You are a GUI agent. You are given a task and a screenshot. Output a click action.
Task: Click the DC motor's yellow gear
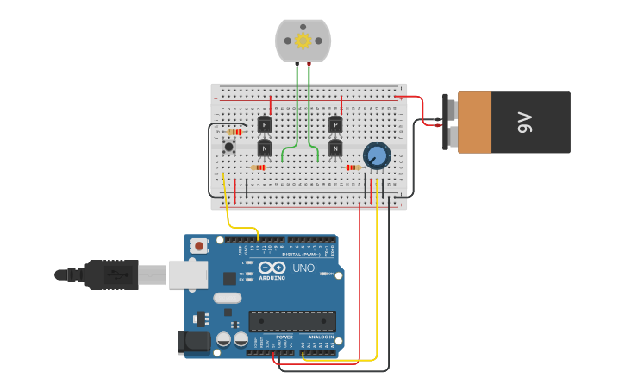tap(303, 41)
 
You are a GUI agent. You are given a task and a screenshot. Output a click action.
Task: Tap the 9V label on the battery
tap(525, 123)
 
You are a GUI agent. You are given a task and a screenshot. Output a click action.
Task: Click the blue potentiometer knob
tap(376, 155)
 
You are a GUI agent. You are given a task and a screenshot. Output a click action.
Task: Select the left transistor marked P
tap(264, 125)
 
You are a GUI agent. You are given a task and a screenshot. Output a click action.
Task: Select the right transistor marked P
tap(334, 125)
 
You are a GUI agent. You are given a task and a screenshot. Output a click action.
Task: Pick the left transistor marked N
tap(264, 148)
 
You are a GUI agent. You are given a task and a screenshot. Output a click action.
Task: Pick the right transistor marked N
tap(334, 148)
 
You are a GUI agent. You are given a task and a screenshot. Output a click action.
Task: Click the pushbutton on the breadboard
tap(228, 147)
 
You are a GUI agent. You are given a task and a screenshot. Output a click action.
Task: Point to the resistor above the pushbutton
tap(234, 132)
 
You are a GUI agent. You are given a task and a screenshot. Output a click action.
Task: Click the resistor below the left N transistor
tap(257, 167)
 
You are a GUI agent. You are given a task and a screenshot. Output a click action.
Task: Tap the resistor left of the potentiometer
tap(352, 167)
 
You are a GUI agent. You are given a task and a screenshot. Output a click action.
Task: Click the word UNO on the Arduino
tap(303, 268)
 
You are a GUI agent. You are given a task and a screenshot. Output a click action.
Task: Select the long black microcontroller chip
tap(292, 321)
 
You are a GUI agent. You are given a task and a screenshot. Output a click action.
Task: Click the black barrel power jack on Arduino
tap(195, 342)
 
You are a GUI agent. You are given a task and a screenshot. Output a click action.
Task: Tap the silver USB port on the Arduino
tap(188, 274)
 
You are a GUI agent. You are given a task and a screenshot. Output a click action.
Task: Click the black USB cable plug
tap(111, 274)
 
